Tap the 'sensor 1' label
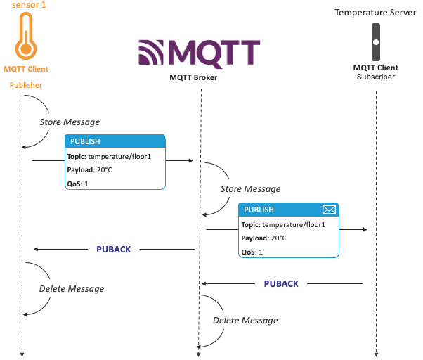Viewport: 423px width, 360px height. coord(26,6)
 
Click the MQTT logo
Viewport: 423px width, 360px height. coord(199,53)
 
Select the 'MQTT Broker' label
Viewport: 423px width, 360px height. coord(194,77)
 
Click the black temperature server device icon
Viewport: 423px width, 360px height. coord(376,41)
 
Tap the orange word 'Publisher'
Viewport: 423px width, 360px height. coord(26,86)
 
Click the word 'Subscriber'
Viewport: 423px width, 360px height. coord(376,77)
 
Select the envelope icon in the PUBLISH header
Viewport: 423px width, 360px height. coord(329,210)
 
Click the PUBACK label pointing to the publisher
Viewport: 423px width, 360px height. coord(114,249)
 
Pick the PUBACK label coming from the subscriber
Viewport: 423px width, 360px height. coord(281,284)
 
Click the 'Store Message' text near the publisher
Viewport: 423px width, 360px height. coord(69,122)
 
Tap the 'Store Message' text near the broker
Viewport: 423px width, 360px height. coord(250,189)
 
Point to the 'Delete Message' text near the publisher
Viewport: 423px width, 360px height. coord(71,288)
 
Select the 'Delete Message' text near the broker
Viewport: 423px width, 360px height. coord(245,321)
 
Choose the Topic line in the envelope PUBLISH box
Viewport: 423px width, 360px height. coord(283,224)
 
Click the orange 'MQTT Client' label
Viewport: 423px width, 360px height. coord(26,69)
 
